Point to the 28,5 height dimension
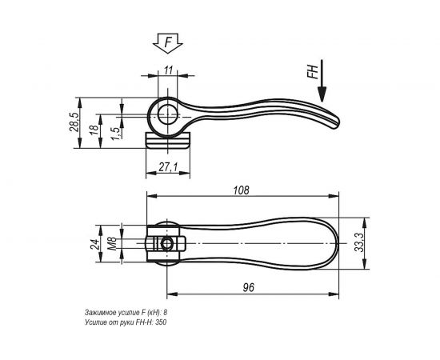coord(74,125)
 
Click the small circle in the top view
coord(167,242)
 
